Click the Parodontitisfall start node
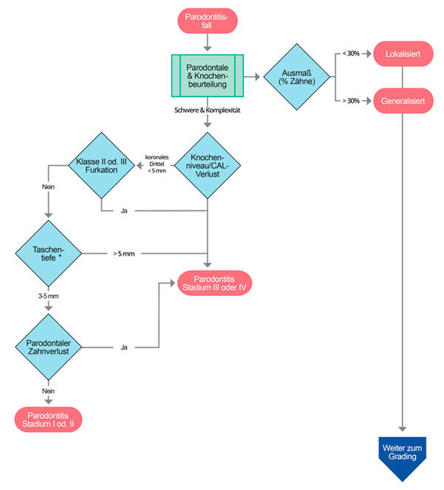(207, 21)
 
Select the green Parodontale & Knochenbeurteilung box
(207, 75)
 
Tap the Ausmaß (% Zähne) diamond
(297, 77)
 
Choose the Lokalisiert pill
(403, 54)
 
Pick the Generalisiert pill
(403, 101)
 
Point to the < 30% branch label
(351, 53)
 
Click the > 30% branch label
(351, 101)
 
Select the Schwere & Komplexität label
(207, 110)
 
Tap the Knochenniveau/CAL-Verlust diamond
(207, 166)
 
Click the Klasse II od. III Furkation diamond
(101, 166)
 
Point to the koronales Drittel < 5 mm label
(157, 164)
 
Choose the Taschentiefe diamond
(49, 253)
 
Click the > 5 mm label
(124, 254)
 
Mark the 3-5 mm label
(49, 296)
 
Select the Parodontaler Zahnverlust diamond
(49, 347)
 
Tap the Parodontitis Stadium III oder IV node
(214, 283)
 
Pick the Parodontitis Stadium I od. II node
(48, 419)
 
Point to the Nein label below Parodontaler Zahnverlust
(49, 391)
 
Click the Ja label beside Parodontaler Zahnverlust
(124, 347)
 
